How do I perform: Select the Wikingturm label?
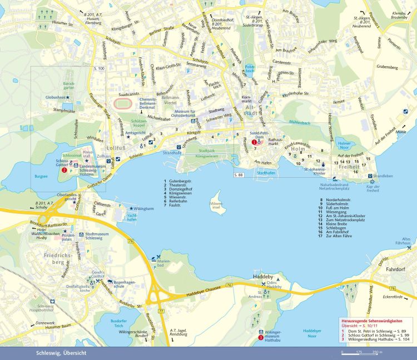click(x=143, y=209)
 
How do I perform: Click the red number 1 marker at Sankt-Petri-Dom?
click(x=254, y=142)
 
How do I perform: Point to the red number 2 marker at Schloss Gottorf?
click(x=64, y=170)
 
